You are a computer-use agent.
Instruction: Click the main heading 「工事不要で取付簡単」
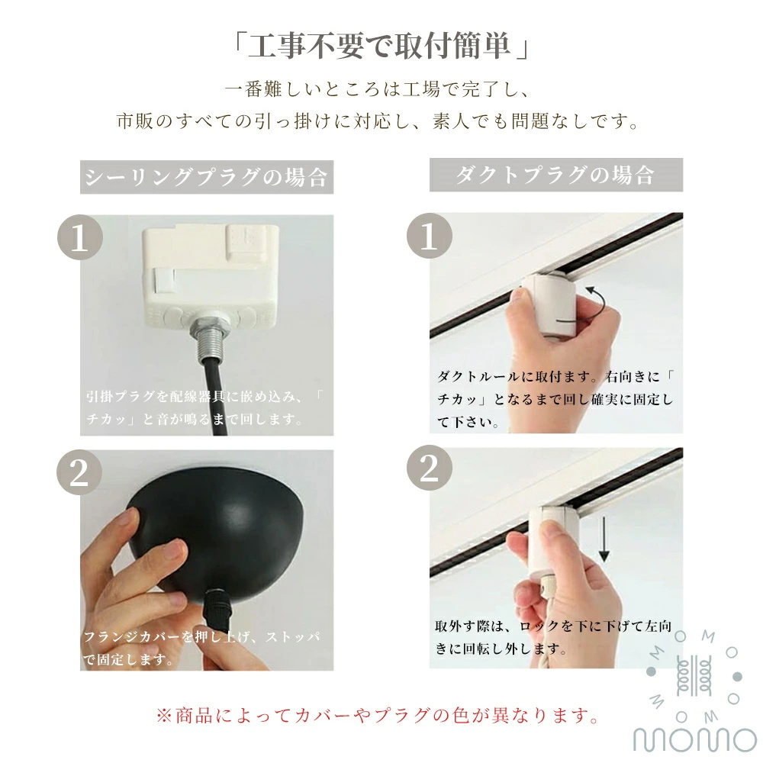tap(381, 47)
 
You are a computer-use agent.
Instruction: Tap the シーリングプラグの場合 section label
tap(206, 177)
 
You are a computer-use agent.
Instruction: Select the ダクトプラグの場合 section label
tap(555, 175)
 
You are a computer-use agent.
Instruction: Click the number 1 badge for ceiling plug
tap(80, 237)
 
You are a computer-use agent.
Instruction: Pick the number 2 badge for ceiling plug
tap(79, 472)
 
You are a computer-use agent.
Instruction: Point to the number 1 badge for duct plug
tap(429, 236)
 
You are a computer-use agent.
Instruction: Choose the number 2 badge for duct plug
tap(429, 468)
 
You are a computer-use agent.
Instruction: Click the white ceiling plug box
tap(211, 275)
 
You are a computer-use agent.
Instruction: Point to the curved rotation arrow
tap(598, 304)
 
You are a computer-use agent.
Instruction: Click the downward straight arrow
tap(604, 539)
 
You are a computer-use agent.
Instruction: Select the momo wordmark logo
tap(695, 739)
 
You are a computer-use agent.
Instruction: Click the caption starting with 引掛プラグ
tap(204, 407)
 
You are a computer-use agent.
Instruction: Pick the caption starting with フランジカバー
tap(202, 648)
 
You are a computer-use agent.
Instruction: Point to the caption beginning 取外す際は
tap(553, 637)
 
